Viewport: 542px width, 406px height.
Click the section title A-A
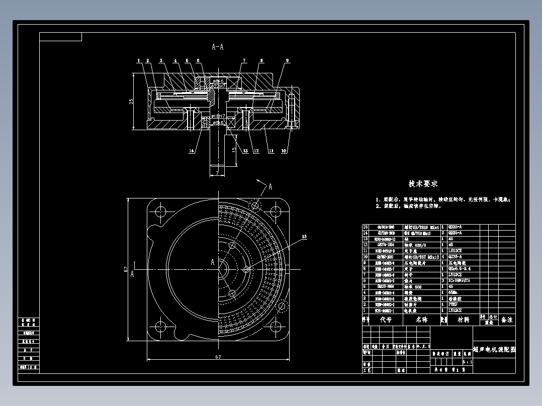pos(217,47)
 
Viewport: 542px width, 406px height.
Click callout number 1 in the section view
pos(138,61)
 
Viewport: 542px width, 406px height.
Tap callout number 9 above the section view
pos(287,61)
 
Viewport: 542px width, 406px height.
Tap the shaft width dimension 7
pos(217,173)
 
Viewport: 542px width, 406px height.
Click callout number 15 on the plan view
pos(304,236)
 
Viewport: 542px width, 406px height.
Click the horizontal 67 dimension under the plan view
pos(217,357)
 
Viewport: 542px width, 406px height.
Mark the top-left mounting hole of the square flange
pos(162,211)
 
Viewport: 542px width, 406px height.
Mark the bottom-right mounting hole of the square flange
pos(274,327)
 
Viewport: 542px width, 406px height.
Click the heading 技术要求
pos(423,184)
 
